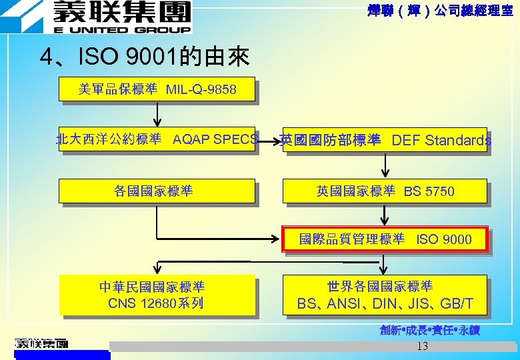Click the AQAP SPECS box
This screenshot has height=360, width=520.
[x=157, y=139]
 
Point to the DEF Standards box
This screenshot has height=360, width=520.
[x=385, y=140]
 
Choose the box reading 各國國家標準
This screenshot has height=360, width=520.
[x=157, y=191]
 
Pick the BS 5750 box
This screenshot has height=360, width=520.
[x=385, y=191]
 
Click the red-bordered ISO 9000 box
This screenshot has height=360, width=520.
[x=385, y=239]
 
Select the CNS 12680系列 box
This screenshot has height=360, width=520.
[x=157, y=295]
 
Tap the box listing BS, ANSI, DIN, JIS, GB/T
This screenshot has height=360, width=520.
[x=385, y=295]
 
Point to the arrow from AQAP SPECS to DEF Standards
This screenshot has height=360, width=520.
[x=268, y=141]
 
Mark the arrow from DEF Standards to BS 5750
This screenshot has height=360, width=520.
[x=385, y=165]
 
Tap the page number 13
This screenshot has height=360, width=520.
[x=422, y=346]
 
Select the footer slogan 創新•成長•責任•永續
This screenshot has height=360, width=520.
[x=430, y=330]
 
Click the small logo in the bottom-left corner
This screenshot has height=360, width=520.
[x=41, y=344]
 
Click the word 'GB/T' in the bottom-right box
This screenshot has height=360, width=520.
[x=457, y=304]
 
